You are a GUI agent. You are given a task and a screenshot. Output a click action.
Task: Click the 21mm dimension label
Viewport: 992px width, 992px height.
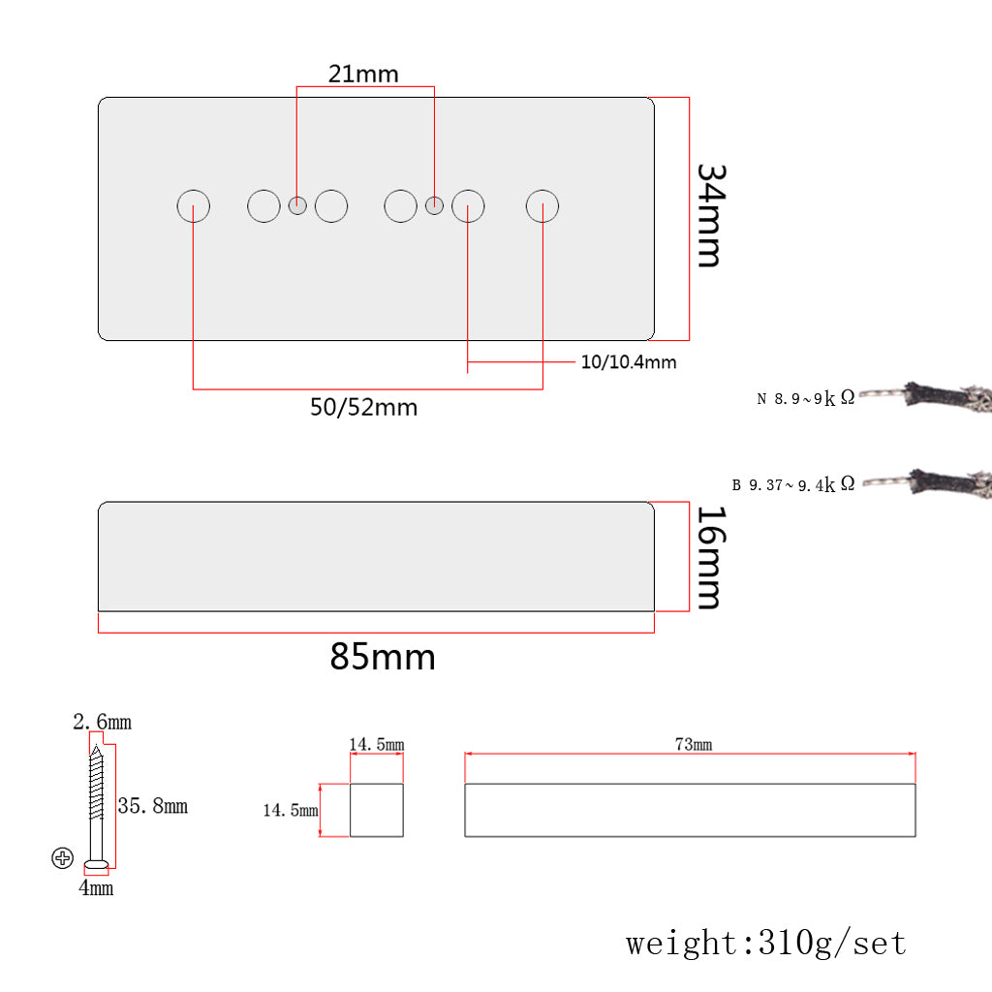(363, 74)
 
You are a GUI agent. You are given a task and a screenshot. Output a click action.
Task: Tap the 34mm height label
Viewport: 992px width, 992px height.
(710, 215)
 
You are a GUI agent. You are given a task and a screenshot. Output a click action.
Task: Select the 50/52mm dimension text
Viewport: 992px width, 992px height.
(363, 408)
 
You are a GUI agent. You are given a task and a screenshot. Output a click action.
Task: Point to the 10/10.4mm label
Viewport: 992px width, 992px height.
(629, 363)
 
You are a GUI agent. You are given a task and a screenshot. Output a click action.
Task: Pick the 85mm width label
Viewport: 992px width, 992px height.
(383, 658)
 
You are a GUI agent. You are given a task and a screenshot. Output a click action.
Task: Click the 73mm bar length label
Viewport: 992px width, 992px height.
(693, 744)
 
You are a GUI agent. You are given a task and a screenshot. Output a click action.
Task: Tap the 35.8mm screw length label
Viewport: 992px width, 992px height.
(152, 806)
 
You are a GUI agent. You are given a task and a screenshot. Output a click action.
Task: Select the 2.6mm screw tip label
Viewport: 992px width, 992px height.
(102, 723)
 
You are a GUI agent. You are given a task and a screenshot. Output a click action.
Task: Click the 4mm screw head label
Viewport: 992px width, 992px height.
(96, 887)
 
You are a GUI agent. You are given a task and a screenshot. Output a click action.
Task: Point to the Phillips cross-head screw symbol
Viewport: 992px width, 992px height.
(63, 857)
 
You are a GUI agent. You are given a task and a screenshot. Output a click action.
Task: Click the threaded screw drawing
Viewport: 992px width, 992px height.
(97, 804)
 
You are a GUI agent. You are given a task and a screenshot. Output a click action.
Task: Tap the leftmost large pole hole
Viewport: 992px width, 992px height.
(194, 206)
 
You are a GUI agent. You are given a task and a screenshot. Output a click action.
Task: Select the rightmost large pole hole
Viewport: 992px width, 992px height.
(542, 206)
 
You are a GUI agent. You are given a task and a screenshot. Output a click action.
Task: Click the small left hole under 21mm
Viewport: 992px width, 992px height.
(298, 205)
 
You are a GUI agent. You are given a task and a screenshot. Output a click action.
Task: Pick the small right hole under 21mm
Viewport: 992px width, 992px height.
(435, 205)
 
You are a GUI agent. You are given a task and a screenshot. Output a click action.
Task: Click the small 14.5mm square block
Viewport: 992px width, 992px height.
(377, 810)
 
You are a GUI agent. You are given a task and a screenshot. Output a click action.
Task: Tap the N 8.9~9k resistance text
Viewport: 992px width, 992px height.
(806, 398)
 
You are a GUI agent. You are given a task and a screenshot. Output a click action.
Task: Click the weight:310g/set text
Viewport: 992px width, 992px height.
(765, 943)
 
